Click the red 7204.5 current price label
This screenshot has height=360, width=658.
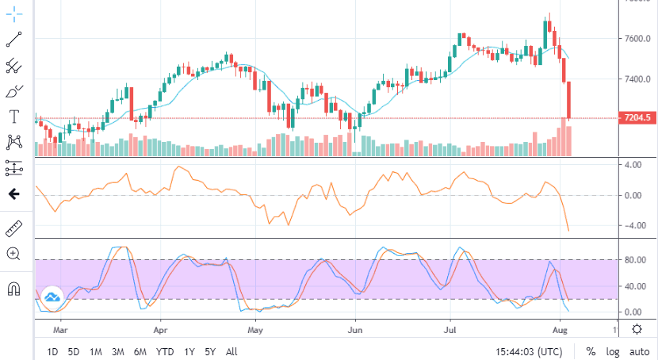coord(637,118)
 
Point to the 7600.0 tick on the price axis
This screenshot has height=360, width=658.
coord(637,38)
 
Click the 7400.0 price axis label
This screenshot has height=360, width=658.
coord(637,79)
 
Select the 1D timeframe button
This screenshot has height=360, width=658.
coord(52,351)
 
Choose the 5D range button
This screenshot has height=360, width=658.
coord(74,351)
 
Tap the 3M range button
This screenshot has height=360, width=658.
coord(117,351)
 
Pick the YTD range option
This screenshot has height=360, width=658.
coord(165,351)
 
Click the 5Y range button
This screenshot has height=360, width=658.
coord(211,351)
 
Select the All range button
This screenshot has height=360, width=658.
coord(231,351)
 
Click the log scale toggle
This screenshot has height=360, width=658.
coord(614,351)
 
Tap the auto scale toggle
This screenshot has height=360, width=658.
coord(639,351)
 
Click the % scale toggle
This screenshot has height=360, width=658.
coord(591,351)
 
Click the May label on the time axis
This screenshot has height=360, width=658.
coord(254,327)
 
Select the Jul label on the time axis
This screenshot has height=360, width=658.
coord(452,327)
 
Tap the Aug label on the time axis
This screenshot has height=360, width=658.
coord(560,327)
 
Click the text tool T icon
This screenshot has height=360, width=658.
coord(13,117)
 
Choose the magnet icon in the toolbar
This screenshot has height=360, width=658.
coord(13,288)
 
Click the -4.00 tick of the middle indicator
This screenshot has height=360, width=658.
coord(633,225)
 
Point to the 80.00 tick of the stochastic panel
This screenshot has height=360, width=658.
coord(633,259)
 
